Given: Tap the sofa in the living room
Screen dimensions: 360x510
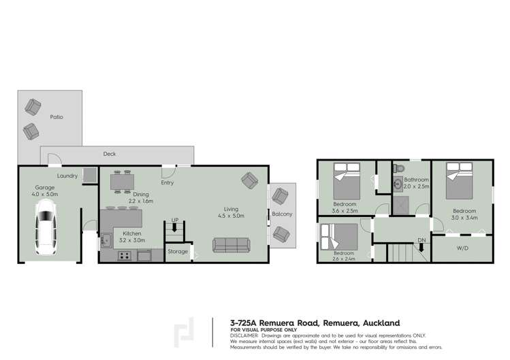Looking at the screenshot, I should (234, 245).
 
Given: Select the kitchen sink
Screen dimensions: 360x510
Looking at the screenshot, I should (107, 240).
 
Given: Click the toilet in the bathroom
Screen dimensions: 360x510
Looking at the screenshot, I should (400, 169).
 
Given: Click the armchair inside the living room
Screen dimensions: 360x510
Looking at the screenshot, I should (249, 182).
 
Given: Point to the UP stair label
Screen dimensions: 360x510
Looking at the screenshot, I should (175, 220).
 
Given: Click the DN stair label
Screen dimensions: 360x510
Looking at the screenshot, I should (421, 240).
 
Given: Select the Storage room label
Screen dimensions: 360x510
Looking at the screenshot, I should (178, 252).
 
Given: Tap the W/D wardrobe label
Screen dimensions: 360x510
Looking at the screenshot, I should (462, 248).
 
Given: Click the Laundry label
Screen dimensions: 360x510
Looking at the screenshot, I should (67, 176).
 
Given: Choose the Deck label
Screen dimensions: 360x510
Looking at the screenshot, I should (110, 154).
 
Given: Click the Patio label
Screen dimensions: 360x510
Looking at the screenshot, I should (57, 117).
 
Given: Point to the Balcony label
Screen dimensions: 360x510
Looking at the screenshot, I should (282, 214).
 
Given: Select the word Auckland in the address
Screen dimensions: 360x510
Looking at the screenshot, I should (374, 323).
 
